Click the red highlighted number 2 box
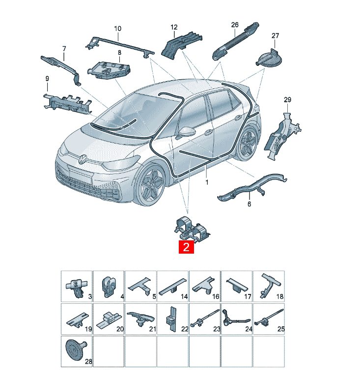[x=186, y=247]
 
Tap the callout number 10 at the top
[x=117, y=29]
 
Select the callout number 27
[x=275, y=36]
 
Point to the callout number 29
[x=287, y=100]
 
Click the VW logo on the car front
[x=83, y=158]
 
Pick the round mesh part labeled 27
[x=269, y=58]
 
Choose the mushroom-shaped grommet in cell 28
[x=75, y=349]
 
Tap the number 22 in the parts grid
[x=185, y=329]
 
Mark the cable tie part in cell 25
[x=269, y=318]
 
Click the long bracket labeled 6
[x=251, y=186]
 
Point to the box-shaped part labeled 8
[x=109, y=70]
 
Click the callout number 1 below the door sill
[x=207, y=182]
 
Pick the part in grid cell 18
[x=269, y=286]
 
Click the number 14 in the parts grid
[x=184, y=296]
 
